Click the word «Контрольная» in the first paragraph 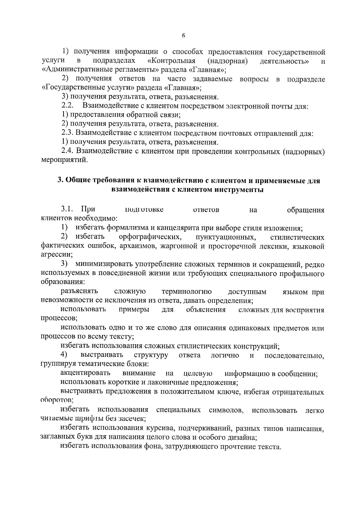(172, 61)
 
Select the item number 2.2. (68, 106)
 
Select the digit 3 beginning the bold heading (59, 181)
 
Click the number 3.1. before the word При (67, 209)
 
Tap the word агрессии (56, 255)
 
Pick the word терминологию (187, 292)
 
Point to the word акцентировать (85, 373)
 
